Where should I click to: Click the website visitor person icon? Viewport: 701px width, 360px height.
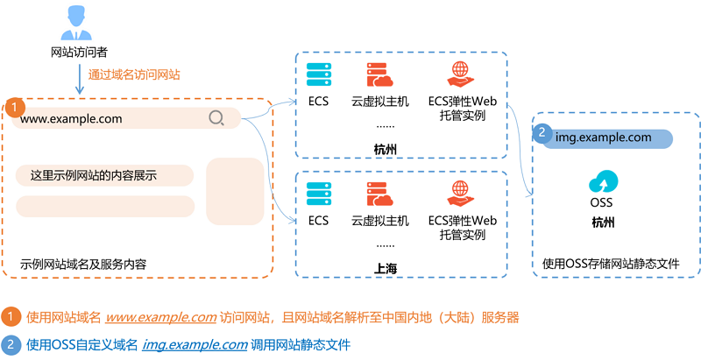point(76,23)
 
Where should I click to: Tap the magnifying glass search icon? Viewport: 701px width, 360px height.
point(216,118)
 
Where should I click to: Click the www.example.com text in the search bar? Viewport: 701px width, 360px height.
point(71,119)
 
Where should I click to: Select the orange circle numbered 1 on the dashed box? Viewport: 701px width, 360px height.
point(14,107)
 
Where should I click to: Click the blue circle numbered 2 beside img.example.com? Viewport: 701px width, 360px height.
point(542,133)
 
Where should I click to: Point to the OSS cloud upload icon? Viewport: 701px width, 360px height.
point(603,182)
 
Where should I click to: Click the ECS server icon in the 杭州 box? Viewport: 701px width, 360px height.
point(319,74)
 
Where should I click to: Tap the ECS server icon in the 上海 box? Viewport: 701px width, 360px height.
point(319,194)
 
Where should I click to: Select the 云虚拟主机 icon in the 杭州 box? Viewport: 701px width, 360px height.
point(379,74)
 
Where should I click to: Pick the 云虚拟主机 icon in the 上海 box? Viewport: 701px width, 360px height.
point(379,194)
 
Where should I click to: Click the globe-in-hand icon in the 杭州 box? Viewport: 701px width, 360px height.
point(461,74)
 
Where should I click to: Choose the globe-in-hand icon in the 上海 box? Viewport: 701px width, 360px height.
point(461,194)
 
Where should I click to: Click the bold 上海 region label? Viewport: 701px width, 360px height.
point(385,268)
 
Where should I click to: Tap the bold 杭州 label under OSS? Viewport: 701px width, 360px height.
point(603,222)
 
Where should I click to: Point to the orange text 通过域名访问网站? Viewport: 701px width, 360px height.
point(134,74)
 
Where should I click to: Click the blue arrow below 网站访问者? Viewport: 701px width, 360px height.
point(80,79)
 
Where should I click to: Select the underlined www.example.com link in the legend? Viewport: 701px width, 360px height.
point(161,318)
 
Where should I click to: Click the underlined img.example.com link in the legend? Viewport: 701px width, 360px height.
point(195,345)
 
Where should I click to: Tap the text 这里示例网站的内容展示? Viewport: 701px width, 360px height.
point(94,175)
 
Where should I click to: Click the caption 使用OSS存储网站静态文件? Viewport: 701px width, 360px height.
point(611,264)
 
